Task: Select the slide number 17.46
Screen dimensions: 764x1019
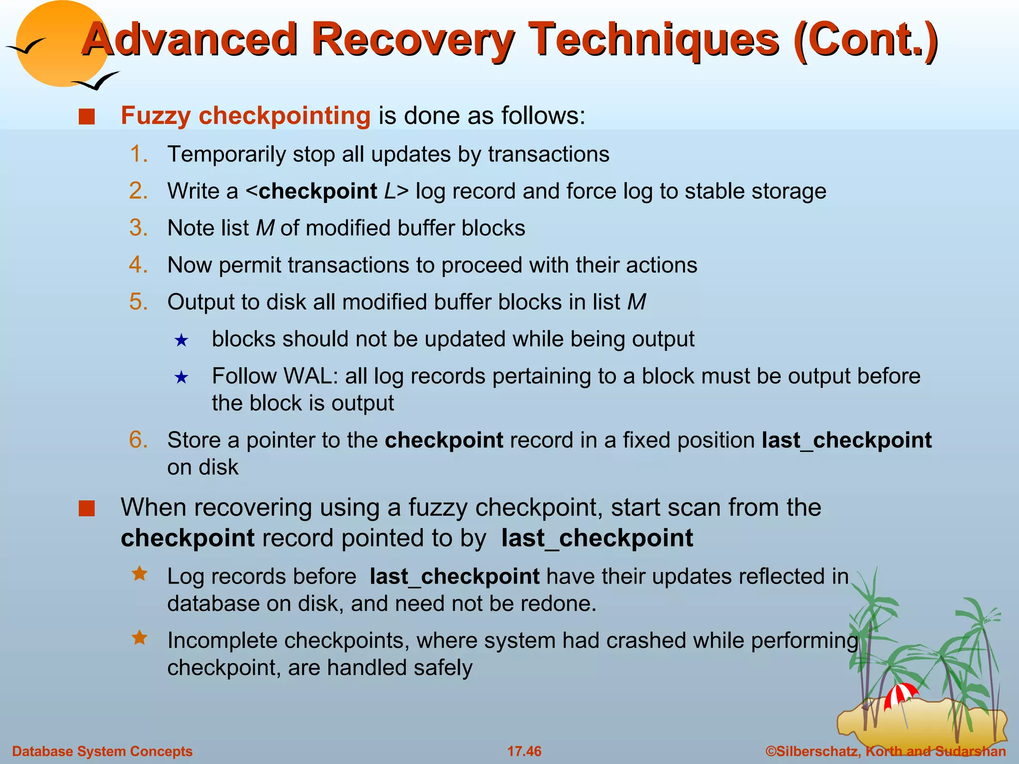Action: pyautogui.click(x=524, y=751)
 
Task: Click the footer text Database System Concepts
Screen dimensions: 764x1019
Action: pyautogui.click(x=102, y=751)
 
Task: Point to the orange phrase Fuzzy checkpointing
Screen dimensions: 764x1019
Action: pyautogui.click(x=245, y=115)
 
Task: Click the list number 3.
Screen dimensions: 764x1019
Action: pyautogui.click(x=138, y=228)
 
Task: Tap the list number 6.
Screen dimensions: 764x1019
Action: pyautogui.click(x=138, y=440)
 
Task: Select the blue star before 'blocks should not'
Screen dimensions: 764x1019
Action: pyautogui.click(x=181, y=341)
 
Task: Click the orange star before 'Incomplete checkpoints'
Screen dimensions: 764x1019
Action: pyautogui.click(x=140, y=638)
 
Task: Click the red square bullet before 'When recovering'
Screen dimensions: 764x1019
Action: pyautogui.click(x=87, y=509)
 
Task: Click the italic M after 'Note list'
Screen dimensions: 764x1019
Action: pyautogui.click(x=265, y=228)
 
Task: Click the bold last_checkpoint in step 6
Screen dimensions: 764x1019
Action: pyautogui.click(x=846, y=440)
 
